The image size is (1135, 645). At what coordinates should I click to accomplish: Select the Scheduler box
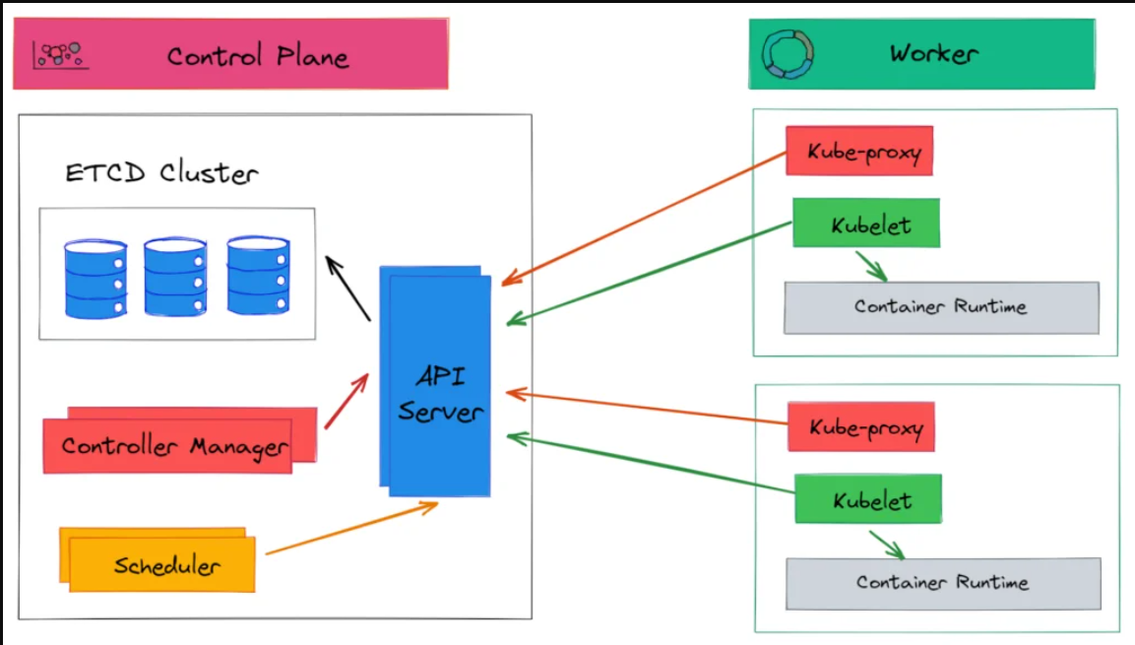162,564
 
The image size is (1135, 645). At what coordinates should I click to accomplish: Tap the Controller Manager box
172,445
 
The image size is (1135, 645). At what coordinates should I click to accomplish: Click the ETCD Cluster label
161,174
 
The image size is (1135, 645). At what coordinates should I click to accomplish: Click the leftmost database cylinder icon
95,277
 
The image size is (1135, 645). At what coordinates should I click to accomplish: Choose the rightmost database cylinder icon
258,275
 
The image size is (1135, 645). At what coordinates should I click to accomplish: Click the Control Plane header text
257,55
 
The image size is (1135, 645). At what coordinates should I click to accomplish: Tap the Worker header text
932,53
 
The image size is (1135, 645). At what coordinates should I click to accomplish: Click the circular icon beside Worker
788,54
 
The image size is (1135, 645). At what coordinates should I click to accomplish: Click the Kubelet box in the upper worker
866,224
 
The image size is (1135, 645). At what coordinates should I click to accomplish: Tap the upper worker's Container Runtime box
940,307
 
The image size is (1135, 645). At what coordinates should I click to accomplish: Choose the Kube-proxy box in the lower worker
860,427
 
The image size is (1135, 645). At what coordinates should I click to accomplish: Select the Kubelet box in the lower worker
867,499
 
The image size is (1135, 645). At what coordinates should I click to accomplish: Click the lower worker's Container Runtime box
942,583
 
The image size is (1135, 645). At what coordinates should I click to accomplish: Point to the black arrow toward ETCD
347,288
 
